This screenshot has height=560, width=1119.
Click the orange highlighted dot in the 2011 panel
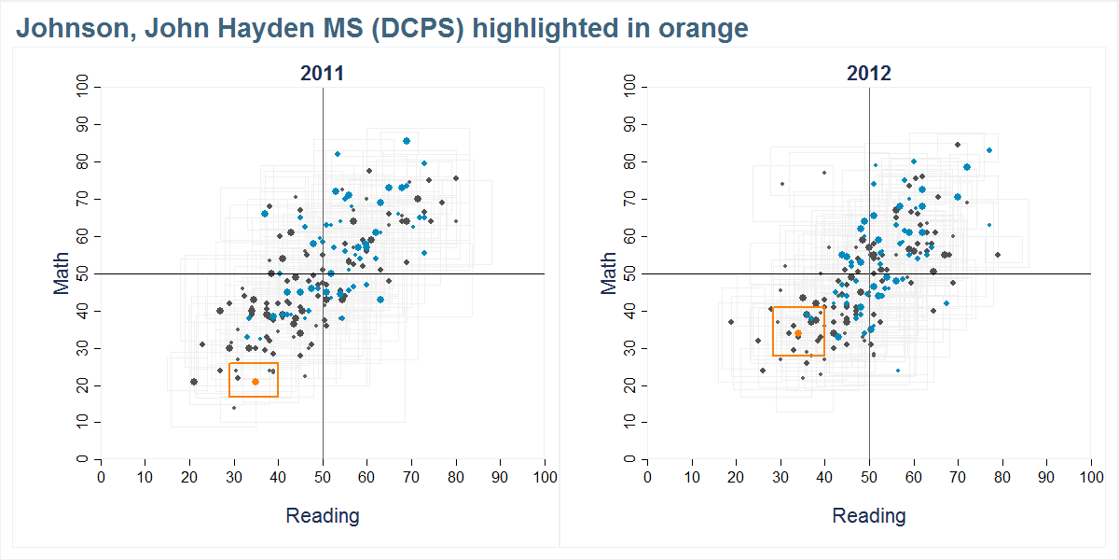(256, 381)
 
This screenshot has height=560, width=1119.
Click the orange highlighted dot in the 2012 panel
(798, 333)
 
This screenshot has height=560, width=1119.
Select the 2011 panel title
(322, 74)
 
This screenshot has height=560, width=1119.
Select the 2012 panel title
(868, 74)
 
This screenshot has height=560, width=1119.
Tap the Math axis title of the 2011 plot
(62, 273)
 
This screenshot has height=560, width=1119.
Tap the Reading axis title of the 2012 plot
(868, 515)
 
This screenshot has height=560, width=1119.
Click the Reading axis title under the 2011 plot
(322, 515)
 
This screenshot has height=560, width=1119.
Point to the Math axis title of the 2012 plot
(609, 273)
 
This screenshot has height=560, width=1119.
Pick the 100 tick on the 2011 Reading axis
(544, 477)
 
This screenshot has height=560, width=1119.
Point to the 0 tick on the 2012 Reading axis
(647, 477)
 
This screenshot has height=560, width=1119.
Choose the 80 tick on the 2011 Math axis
(83, 161)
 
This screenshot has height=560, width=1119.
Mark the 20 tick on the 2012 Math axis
(629, 385)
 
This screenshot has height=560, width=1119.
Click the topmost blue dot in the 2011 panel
(407, 141)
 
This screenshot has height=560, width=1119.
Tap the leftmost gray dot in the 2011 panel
(193, 381)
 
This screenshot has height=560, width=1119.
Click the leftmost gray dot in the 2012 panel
(731, 322)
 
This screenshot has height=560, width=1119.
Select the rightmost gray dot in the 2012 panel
(997, 255)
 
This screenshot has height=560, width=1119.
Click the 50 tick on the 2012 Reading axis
(868, 477)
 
